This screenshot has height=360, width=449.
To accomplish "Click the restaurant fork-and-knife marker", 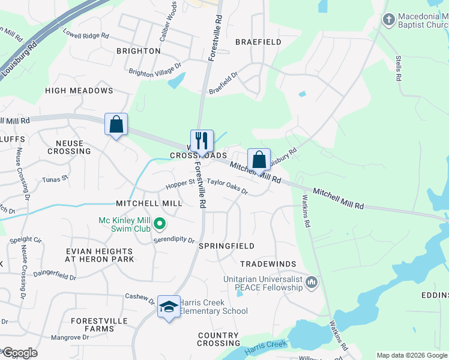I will click(x=202, y=141).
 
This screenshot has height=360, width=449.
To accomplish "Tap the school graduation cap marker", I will click(x=169, y=307).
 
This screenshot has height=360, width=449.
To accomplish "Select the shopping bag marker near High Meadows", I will click(x=116, y=124).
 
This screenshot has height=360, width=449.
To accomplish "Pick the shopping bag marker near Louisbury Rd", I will click(x=259, y=160).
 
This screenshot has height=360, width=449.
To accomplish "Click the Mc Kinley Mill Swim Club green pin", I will click(x=159, y=224).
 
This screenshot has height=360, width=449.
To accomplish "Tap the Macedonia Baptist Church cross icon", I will click(x=388, y=20).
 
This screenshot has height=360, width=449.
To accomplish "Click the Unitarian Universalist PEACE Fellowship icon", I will click(x=311, y=282).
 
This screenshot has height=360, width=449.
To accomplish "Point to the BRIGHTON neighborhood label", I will click(x=139, y=51).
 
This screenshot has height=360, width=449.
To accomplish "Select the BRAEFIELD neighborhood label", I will click(x=258, y=42).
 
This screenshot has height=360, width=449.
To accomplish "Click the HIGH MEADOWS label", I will click(x=79, y=91).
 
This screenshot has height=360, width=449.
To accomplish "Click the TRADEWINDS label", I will click(x=268, y=264).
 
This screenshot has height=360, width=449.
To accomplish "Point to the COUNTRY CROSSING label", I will click(x=218, y=339).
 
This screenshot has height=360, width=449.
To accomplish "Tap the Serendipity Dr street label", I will click(x=174, y=239).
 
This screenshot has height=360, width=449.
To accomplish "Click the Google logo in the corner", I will click(x=19, y=353).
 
